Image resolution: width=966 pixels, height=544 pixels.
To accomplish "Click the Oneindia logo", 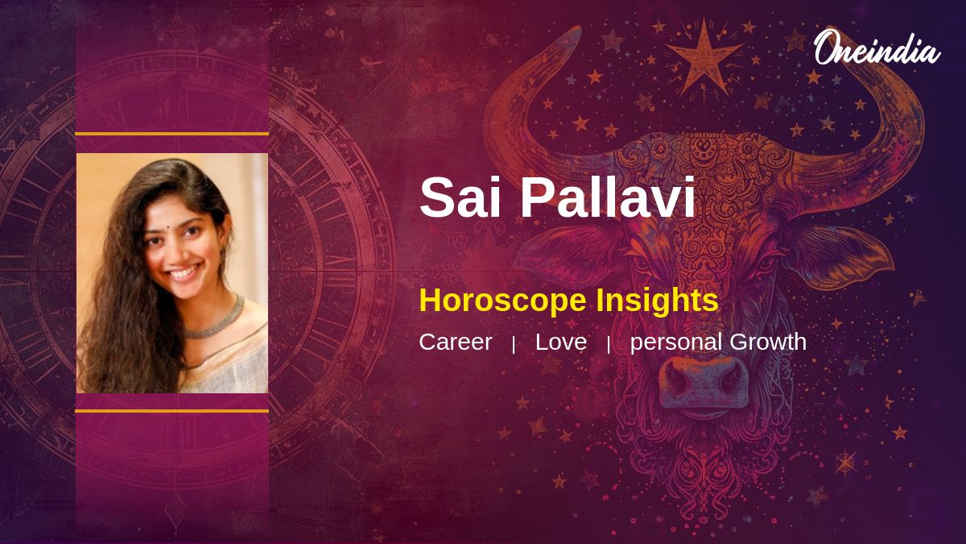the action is pyautogui.click(x=877, y=47).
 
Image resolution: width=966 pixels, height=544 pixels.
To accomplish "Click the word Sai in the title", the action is pyautogui.click(x=460, y=197).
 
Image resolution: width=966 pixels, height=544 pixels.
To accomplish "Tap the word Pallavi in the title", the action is pyautogui.click(x=607, y=197).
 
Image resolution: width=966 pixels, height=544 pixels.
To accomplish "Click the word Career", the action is pyautogui.click(x=456, y=342).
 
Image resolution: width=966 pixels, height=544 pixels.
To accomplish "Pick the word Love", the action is pyautogui.click(x=561, y=342).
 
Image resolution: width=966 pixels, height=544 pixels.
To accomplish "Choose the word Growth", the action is pyautogui.click(x=768, y=342).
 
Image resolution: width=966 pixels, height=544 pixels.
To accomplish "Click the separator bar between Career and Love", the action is pyautogui.click(x=514, y=345).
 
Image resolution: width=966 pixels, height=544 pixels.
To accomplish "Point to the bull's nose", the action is pyautogui.click(x=704, y=383).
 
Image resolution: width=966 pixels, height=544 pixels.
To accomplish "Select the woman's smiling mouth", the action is pyautogui.click(x=184, y=273).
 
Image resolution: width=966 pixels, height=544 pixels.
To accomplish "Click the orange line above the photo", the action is pyautogui.click(x=172, y=134).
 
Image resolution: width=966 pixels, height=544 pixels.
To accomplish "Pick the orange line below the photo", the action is pyautogui.click(x=172, y=411).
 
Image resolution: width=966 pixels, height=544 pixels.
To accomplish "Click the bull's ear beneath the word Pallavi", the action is pyautogui.click(x=573, y=255).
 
